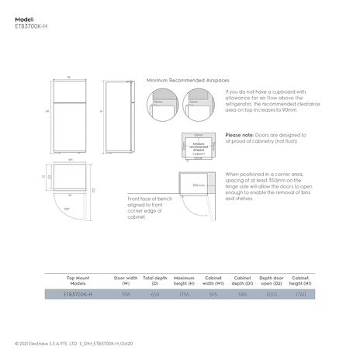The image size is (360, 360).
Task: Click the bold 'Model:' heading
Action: pos(25,16)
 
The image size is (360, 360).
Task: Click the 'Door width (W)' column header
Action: pos(126,279)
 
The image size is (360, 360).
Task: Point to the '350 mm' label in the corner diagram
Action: pos(199,185)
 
